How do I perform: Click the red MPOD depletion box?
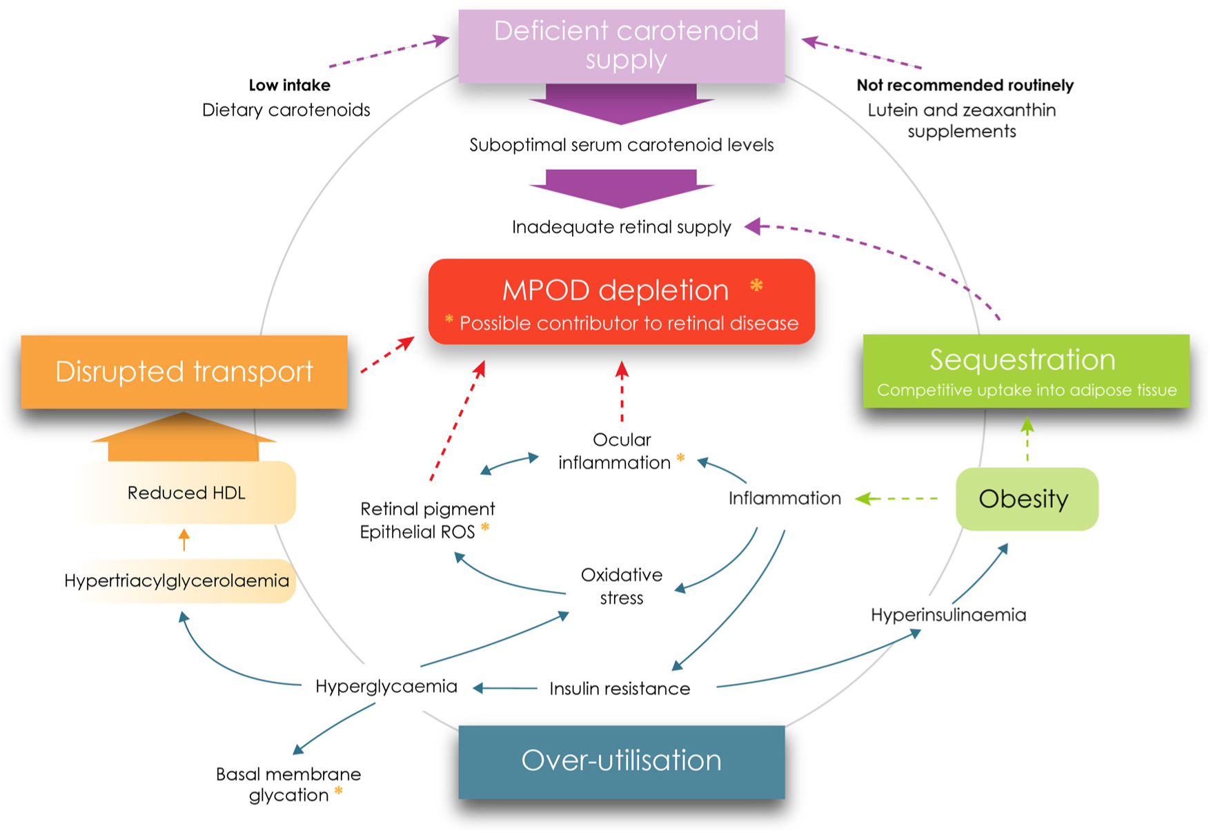621,302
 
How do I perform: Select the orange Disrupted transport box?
184,372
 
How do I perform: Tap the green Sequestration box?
1026,371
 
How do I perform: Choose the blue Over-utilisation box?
621,761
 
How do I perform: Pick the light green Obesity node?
1026,499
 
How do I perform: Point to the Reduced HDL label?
186,493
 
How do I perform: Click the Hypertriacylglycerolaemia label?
177,581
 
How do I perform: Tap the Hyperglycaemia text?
386,687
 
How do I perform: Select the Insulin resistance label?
620,689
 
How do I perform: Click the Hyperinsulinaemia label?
948,615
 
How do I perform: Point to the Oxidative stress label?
621,587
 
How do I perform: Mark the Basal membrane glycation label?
288,785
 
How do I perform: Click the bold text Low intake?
289,86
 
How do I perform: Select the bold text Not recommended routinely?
965,86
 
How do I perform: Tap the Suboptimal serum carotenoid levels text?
621,146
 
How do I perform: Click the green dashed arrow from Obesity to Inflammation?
897,498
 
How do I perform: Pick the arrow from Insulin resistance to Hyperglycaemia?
505,688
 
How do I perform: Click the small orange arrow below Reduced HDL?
184,539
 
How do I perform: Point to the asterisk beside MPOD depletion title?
756,286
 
